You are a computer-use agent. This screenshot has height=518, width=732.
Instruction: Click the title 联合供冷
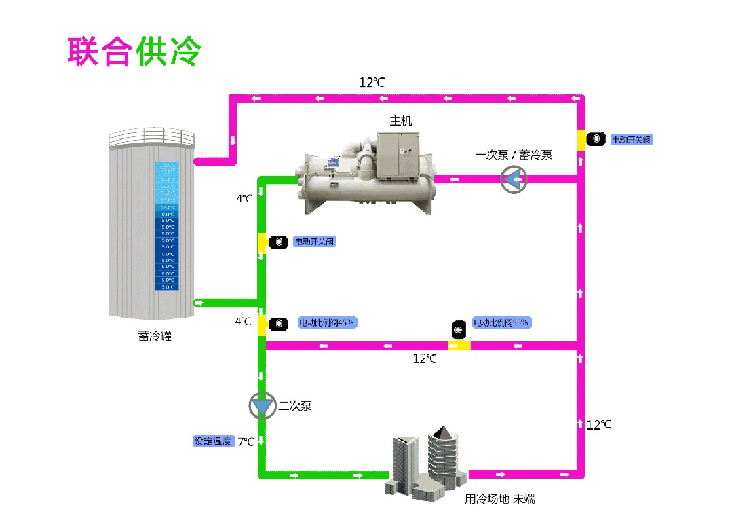click(x=134, y=52)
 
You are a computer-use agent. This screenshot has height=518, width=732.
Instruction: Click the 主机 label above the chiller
click(x=400, y=122)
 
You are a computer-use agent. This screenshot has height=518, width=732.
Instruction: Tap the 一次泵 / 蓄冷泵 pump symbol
click(x=514, y=179)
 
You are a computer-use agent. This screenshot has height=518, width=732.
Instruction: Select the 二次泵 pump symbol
click(x=262, y=406)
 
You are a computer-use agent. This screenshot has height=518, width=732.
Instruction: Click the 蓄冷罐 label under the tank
click(x=155, y=336)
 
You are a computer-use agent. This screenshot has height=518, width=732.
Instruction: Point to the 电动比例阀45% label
click(x=328, y=322)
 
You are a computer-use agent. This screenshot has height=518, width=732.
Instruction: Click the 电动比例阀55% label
click(x=501, y=322)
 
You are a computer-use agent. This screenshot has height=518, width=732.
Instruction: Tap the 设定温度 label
click(x=213, y=441)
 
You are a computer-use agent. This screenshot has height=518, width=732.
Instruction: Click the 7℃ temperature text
click(x=246, y=442)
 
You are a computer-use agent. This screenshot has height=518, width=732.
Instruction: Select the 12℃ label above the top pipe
click(x=372, y=83)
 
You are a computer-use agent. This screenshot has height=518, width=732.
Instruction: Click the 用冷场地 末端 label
click(x=499, y=499)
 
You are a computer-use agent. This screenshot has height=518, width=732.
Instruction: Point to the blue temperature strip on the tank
click(x=166, y=226)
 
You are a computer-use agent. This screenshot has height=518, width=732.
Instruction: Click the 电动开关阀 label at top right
click(x=631, y=140)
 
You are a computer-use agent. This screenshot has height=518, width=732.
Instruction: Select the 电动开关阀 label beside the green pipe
click(x=314, y=242)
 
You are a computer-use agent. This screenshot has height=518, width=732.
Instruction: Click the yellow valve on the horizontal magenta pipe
click(x=459, y=346)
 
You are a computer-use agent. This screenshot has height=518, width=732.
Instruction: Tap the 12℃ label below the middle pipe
click(x=425, y=358)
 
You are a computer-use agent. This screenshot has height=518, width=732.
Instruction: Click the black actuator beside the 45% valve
click(x=278, y=324)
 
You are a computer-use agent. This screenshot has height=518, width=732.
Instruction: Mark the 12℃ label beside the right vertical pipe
click(x=598, y=425)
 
